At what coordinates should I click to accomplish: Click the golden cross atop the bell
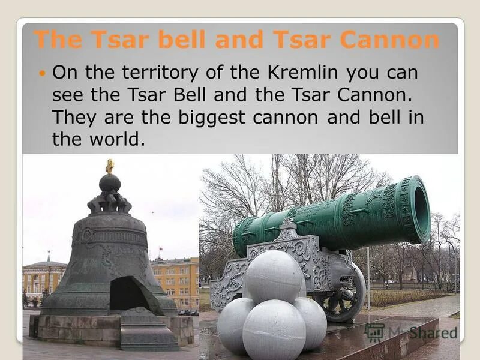[x=110, y=166]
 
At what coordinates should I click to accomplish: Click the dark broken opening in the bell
[x=128, y=293]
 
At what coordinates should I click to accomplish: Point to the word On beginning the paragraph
[x=63, y=73]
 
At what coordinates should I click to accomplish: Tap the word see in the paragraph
[x=65, y=95]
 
